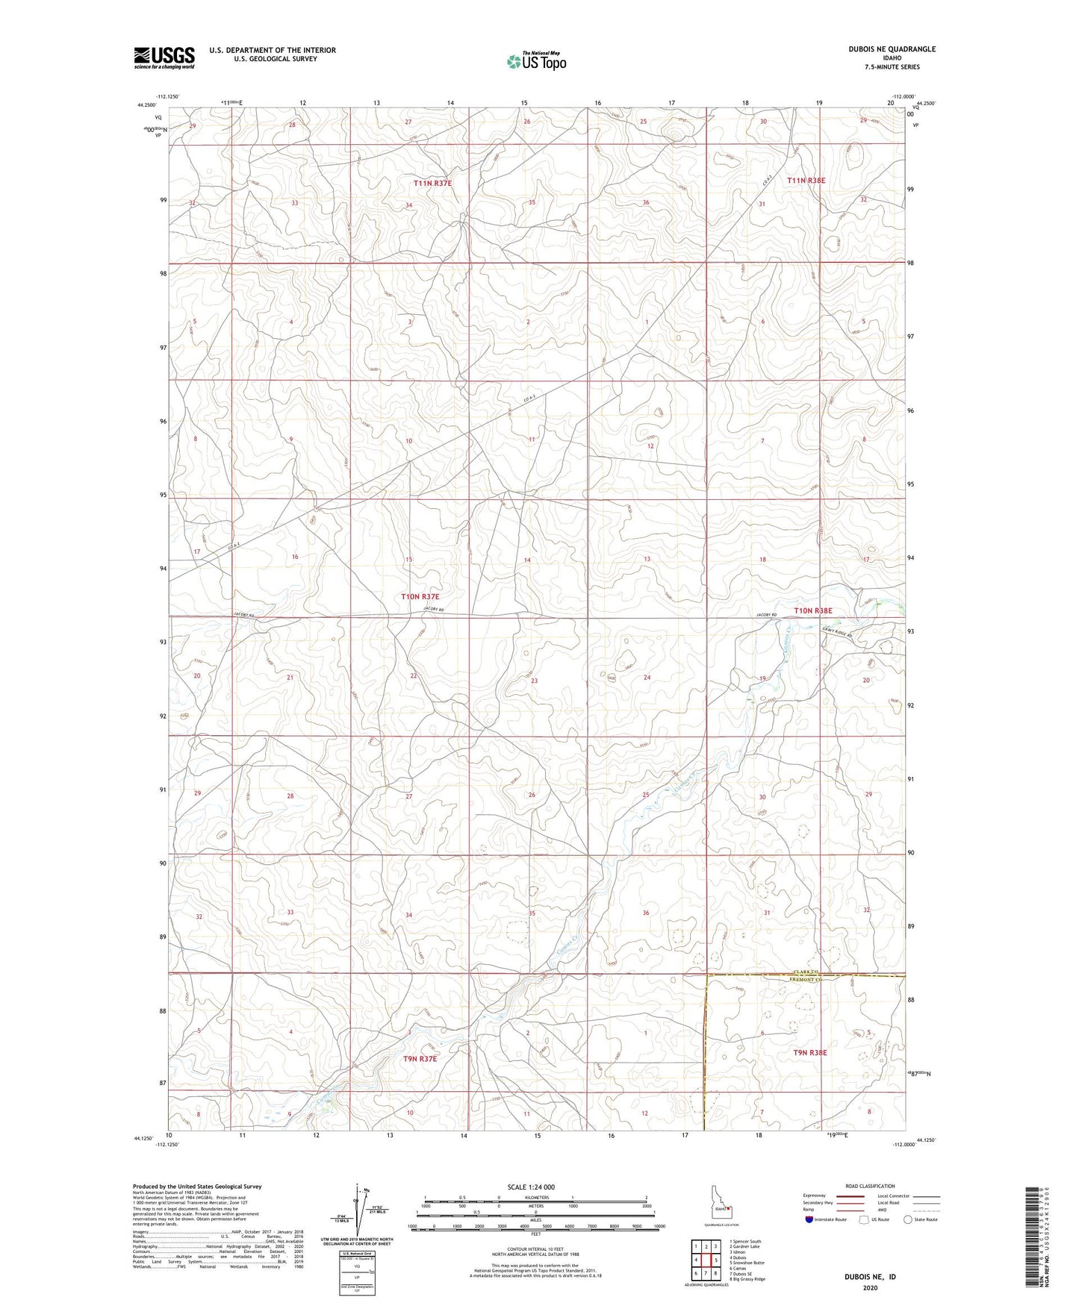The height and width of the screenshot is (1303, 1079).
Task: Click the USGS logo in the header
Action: point(164,57)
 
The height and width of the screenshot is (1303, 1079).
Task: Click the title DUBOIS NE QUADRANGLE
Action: point(892,49)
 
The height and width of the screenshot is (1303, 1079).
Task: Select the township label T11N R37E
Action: point(433,183)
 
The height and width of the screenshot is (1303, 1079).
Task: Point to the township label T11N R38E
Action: point(806,180)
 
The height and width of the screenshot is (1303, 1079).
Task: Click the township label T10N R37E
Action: point(420,596)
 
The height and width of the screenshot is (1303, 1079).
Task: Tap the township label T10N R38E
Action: point(812,610)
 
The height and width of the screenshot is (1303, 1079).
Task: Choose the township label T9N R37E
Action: point(420,1058)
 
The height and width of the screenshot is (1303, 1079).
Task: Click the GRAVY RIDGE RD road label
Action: point(837,629)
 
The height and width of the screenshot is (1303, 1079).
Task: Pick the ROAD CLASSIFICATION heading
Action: point(870,1186)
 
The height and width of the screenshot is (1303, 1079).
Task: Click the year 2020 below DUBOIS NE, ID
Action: point(870,1287)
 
